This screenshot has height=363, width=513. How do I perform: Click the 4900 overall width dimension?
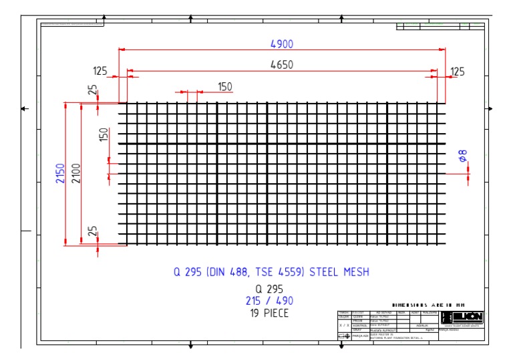(x=281, y=44)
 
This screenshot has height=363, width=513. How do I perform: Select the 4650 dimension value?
(x=281, y=65)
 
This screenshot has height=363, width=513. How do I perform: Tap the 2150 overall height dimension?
(x=60, y=174)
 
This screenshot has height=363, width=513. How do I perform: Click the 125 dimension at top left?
(x=101, y=72)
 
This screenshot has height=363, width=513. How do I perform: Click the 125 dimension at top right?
(x=458, y=72)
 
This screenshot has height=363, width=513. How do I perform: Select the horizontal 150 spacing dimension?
(x=225, y=86)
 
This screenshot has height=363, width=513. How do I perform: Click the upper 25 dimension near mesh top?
(x=93, y=89)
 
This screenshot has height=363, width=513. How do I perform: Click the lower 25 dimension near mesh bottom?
(x=93, y=231)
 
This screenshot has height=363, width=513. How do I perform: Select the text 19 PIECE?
(x=269, y=313)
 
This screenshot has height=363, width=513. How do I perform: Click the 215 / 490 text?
(x=269, y=301)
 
